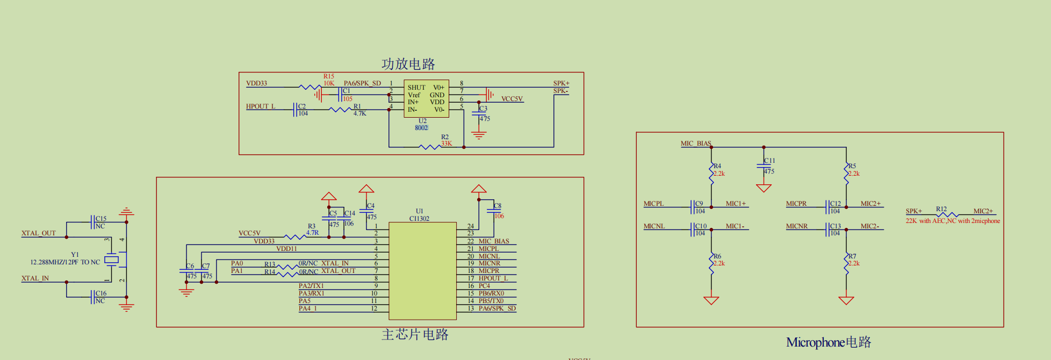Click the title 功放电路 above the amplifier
coord(408,64)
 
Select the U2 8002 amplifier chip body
coord(426,99)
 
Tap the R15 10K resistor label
coord(329,80)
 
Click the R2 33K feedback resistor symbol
coord(429,147)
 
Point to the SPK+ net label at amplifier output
coord(561,83)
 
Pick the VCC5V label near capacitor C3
coord(512,99)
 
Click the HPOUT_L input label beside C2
coord(261,106)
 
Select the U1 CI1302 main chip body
coord(422,271)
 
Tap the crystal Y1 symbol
coord(111,260)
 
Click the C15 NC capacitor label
coord(100,222)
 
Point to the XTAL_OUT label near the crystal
coord(39,233)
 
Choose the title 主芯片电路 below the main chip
coord(415,335)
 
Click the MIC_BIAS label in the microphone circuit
coord(696,143)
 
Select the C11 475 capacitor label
coord(769,165)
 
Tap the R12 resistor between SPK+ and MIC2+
coord(947,214)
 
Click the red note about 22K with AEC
coord(953,221)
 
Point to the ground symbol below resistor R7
coord(846,300)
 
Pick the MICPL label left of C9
coord(654,204)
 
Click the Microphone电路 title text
coord(829,342)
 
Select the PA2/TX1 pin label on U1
coord(311,286)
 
